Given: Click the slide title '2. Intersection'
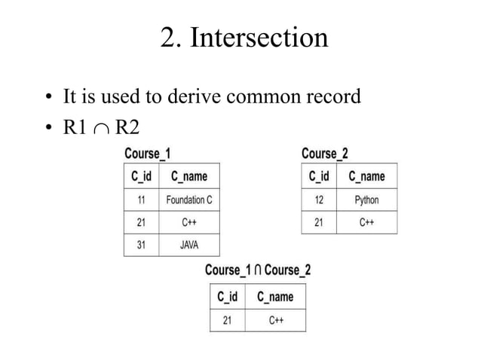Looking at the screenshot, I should pos(244,37).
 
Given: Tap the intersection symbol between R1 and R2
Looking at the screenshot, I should pos(100,128).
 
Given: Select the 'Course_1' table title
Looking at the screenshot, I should pos(147,154).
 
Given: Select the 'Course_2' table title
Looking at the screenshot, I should pos(324,154).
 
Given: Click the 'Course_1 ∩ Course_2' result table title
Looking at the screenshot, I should pos(257,270).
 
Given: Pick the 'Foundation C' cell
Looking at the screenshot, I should pos(189,200).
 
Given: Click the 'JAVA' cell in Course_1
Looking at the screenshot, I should pos(189,245).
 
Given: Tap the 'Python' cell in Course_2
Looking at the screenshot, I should pos(366,200).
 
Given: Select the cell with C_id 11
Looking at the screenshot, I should pos(141,200).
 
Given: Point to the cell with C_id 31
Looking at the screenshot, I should pos(141,245).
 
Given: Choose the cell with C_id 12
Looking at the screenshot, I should pos(319,200).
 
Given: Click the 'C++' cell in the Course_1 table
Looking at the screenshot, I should pos(189,222).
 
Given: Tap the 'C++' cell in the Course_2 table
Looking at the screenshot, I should pos(366,222).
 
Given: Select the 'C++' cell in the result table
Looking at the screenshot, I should pos(275,320).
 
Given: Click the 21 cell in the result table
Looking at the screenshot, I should pos(227,320).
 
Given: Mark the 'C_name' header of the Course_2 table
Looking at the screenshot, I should pos(366,176).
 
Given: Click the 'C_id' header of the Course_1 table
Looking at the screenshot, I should pos(141,176).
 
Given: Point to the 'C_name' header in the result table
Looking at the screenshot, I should pos(275,297).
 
